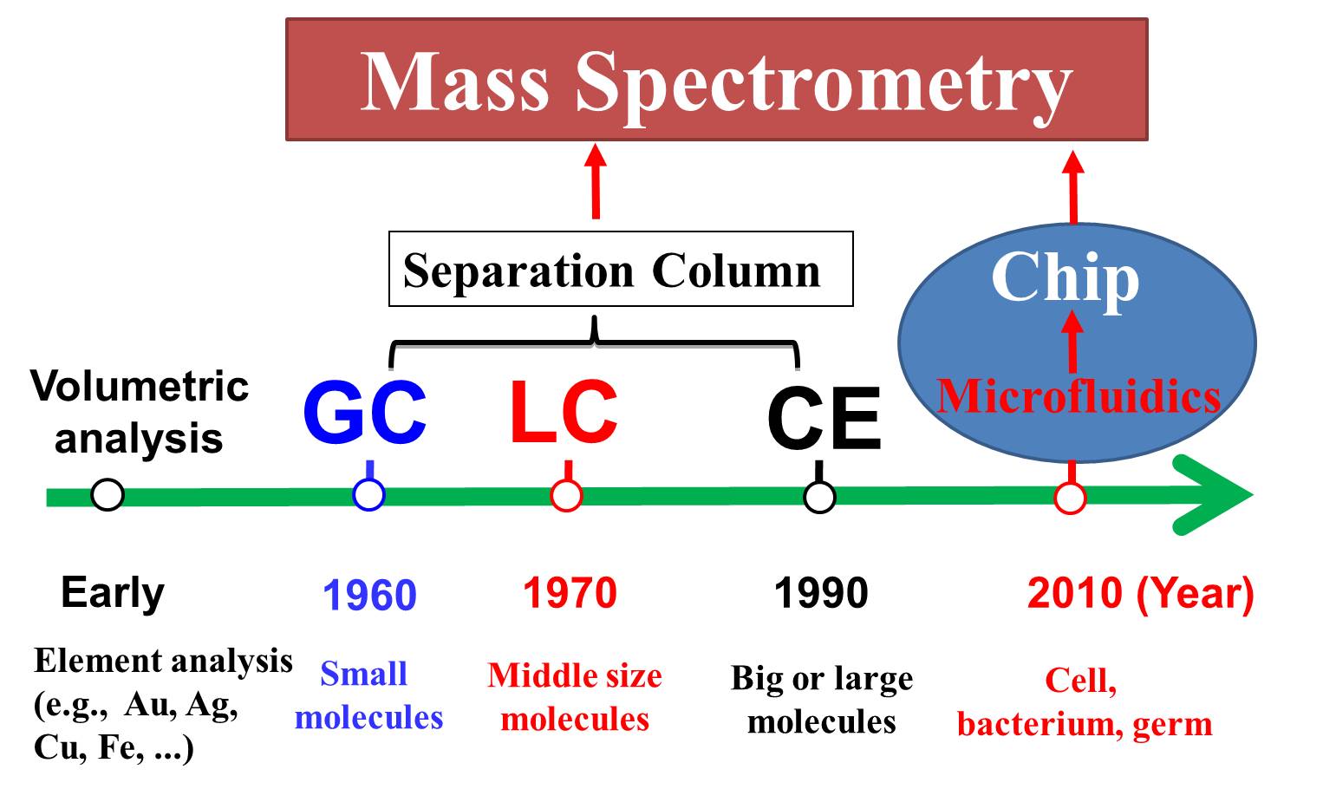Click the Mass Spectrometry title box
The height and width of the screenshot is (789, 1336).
pyautogui.click(x=716, y=79)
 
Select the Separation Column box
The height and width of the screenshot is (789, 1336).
pyautogui.click(x=621, y=269)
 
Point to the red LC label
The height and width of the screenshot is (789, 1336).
pyautogui.click(x=564, y=412)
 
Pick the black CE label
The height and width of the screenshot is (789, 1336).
pyautogui.click(x=824, y=417)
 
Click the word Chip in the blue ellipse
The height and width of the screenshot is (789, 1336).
pyautogui.click(x=1066, y=278)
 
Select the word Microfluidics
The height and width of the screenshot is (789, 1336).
pyautogui.click(x=1079, y=396)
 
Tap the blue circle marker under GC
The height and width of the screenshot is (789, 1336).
pyautogui.click(x=368, y=495)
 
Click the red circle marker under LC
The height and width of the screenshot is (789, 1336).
pyautogui.click(x=566, y=496)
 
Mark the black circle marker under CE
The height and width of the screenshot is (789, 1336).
pyautogui.click(x=819, y=497)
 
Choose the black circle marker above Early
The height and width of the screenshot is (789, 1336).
pyautogui.click(x=108, y=494)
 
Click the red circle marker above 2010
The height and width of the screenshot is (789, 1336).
pyautogui.click(x=1070, y=498)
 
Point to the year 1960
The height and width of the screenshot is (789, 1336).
pyautogui.click(x=369, y=595)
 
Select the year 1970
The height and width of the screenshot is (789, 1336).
pyautogui.click(x=570, y=593)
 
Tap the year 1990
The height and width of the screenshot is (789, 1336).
pyautogui.click(x=821, y=593)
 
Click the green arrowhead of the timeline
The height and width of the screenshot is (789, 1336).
pyautogui.click(x=1214, y=495)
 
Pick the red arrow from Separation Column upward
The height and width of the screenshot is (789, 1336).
pyautogui.click(x=596, y=181)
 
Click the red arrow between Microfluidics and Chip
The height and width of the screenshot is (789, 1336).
pyautogui.click(x=1072, y=342)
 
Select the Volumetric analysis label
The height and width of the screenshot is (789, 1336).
pyautogui.click(x=139, y=412)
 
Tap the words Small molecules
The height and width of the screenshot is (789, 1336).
pyautogui.click(x=368, y=695)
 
